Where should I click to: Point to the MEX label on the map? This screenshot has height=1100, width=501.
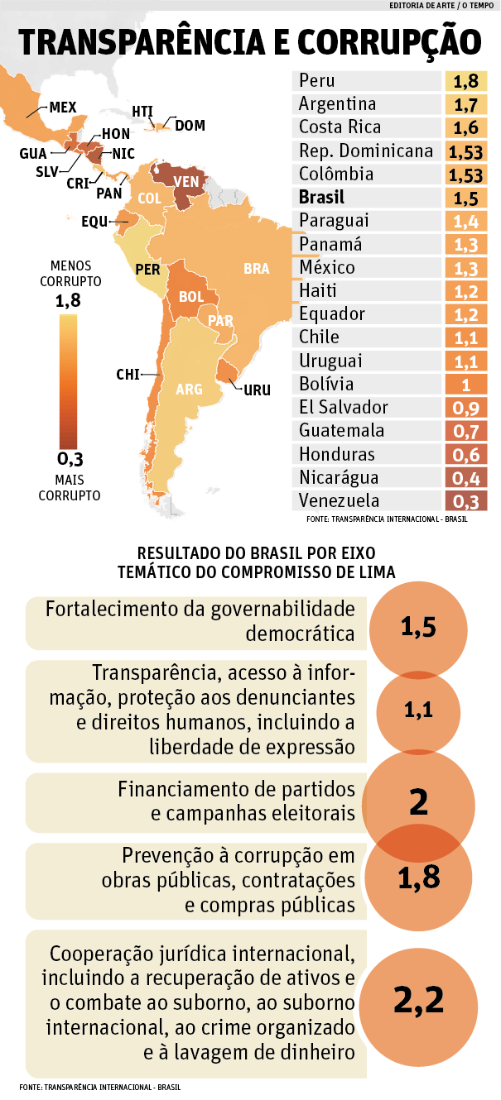[62, 108]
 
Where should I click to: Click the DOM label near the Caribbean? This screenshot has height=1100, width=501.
[190, 126]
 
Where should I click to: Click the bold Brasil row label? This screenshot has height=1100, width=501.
[322, 198]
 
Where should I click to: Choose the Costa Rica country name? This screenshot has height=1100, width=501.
[340, 127]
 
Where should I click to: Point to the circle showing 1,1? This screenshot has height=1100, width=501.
[418, 709]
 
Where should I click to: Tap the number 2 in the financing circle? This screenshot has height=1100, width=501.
[418, 801]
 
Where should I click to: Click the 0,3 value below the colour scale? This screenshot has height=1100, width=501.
[72, 459]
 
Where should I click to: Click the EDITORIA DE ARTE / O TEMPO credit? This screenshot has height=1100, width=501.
[443, 7]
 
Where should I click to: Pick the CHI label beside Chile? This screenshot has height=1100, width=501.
[128, 375]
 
